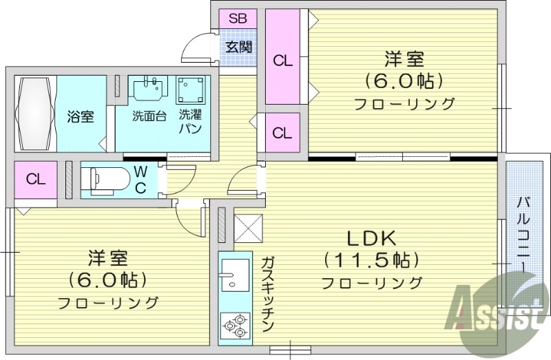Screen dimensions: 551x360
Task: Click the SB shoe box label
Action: (x=237, y=19)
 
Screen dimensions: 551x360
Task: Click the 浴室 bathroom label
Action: (x=81, y=116)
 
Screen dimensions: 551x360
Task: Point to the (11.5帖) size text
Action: (x=371, y=260)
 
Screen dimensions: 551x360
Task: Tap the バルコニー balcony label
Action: (x=524, y=234)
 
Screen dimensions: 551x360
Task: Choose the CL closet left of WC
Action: (x=36, y=180)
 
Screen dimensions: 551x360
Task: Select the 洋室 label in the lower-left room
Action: (x=108, y=260)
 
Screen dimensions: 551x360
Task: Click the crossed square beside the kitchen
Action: (x=249, y=229)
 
